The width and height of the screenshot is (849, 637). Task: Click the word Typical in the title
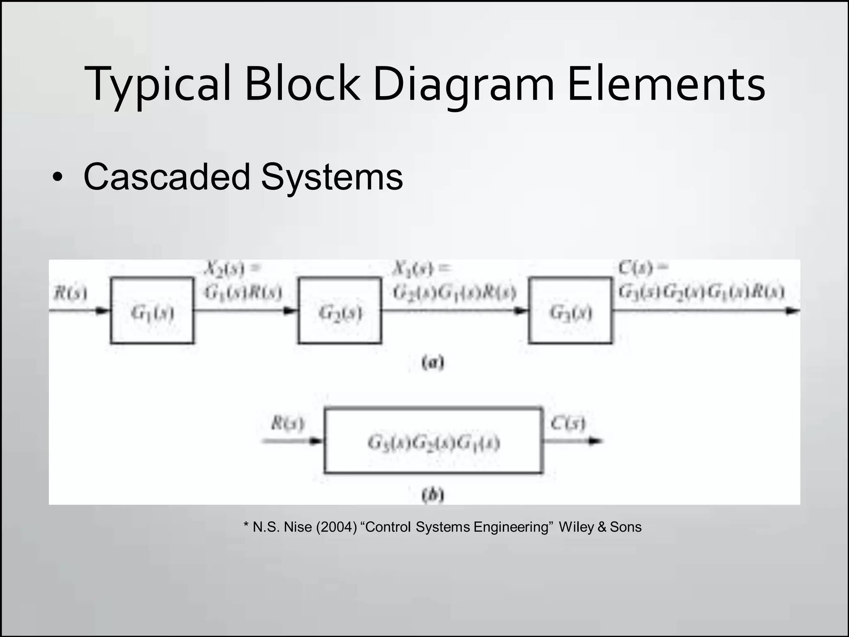coord(158,85)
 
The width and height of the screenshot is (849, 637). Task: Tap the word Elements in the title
coord(666,85)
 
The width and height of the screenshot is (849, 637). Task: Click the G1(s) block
coord(152,311)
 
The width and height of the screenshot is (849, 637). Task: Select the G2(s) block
coord(340,311)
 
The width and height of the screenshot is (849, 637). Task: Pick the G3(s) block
coord(570,311)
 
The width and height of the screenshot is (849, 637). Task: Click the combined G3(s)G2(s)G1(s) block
coord(433,441)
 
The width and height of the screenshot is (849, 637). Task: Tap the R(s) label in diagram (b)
coord(287,424)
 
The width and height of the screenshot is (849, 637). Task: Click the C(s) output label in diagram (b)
coord(568,423)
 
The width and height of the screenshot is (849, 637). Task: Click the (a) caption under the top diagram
coord(433,363)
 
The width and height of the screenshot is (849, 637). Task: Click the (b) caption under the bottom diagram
coord(433,495)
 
